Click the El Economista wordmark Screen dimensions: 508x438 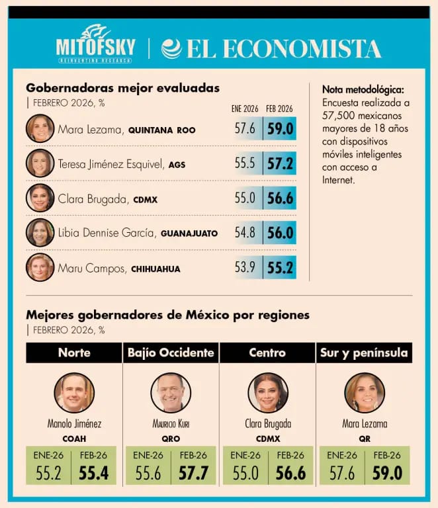[272, 48]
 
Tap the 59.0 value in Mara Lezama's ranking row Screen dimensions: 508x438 [280, 128]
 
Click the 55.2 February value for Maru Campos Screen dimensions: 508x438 [280, 267]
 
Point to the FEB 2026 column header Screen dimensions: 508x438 [279, 108]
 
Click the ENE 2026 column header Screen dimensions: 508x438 [245, 108]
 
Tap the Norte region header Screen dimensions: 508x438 [74, 353]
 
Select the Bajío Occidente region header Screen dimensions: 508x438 [171, 353]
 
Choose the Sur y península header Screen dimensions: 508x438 [364, 353]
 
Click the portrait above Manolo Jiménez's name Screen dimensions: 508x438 [74, 392]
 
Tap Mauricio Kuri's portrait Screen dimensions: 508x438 [171, 392]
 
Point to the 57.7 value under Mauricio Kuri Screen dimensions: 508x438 [193, 473]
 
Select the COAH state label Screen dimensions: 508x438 [74, 438]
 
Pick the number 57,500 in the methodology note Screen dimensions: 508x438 [340, 116]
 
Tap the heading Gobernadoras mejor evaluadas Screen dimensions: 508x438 [122, 88]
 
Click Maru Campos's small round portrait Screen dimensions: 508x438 [40, 267]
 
